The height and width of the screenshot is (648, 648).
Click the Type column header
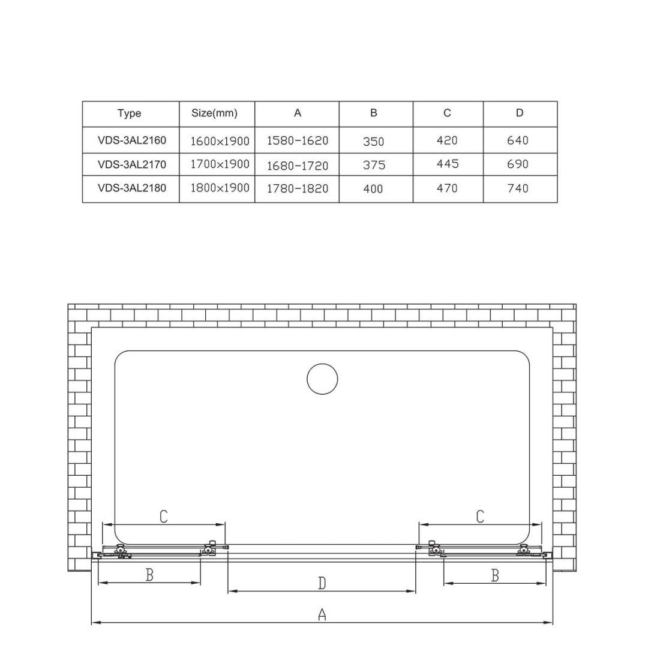(130, 113)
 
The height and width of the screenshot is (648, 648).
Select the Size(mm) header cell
(214, 113)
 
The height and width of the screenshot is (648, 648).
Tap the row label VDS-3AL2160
(131, 140)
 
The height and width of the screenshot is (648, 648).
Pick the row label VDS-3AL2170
(131, 164)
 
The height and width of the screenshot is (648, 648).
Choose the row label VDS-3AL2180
(131, 188)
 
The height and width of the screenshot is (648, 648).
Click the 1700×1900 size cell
(220, 164)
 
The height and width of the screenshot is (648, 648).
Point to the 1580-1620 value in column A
(298, 141)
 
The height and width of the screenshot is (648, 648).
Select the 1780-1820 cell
(298, 188)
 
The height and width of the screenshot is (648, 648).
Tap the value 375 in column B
(373, 165)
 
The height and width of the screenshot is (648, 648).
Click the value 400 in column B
(373, 189)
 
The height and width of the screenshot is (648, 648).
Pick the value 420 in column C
(447, 140)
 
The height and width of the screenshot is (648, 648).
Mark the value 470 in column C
(447, 188)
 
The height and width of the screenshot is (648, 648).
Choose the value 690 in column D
(518, 164)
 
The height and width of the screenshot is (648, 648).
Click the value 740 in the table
(518, 188)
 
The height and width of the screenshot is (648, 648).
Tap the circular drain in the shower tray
(322, 379)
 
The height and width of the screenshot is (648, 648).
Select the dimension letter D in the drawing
(322, 583)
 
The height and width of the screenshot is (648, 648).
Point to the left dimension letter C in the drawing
(163, 516)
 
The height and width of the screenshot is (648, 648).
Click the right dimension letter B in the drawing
(495, 575)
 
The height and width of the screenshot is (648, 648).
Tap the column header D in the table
(520, 113)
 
